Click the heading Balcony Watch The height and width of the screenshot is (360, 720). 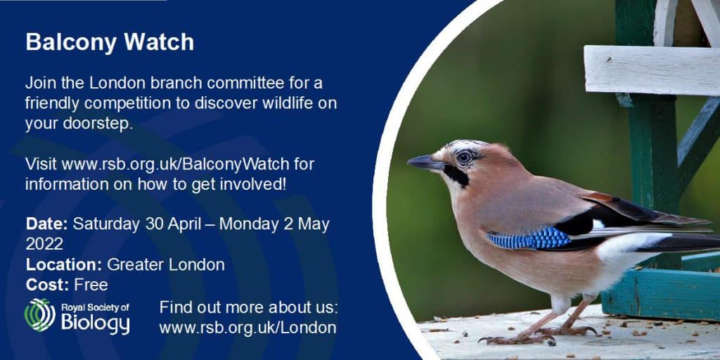click(110, 42)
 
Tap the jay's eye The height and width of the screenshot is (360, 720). click(464, 157)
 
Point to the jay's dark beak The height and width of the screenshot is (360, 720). click(425, 162)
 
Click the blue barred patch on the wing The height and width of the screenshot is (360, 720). click(528, 239)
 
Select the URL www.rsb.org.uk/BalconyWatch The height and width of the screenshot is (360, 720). click(175, 164)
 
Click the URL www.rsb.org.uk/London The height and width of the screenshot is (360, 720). click(247, 328)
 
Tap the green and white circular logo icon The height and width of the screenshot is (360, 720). click(40, 315)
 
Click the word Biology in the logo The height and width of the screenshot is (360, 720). click(96, 323)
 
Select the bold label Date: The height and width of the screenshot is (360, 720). click(47, 224)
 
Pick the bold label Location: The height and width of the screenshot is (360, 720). click(64, 264)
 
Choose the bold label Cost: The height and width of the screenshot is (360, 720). click(48, 285)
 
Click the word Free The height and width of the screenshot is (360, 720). click(91, 285)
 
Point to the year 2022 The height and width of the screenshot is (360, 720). click(44, 244)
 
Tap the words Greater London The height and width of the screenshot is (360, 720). click(166, 264)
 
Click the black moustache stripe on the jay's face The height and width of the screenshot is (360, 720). click(456, 175)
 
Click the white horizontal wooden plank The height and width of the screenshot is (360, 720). click(652, 70)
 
